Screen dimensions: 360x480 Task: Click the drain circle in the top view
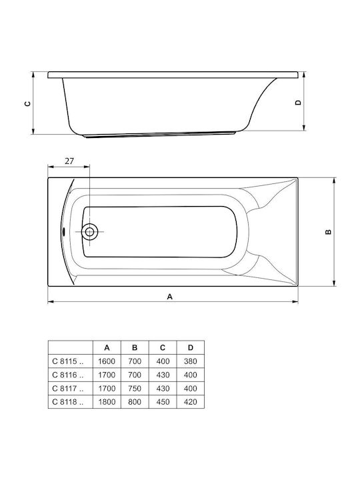90,232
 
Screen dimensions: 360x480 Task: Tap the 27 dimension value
69,161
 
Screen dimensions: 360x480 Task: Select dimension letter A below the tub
170,297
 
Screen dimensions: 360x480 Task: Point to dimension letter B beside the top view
328,232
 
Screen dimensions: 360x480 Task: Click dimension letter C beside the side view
27,103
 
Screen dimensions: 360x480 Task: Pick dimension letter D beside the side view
298,103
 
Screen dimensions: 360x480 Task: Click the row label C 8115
67,361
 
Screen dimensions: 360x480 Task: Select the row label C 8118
67,402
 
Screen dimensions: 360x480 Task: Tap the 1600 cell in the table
107,361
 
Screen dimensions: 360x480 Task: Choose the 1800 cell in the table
107,402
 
